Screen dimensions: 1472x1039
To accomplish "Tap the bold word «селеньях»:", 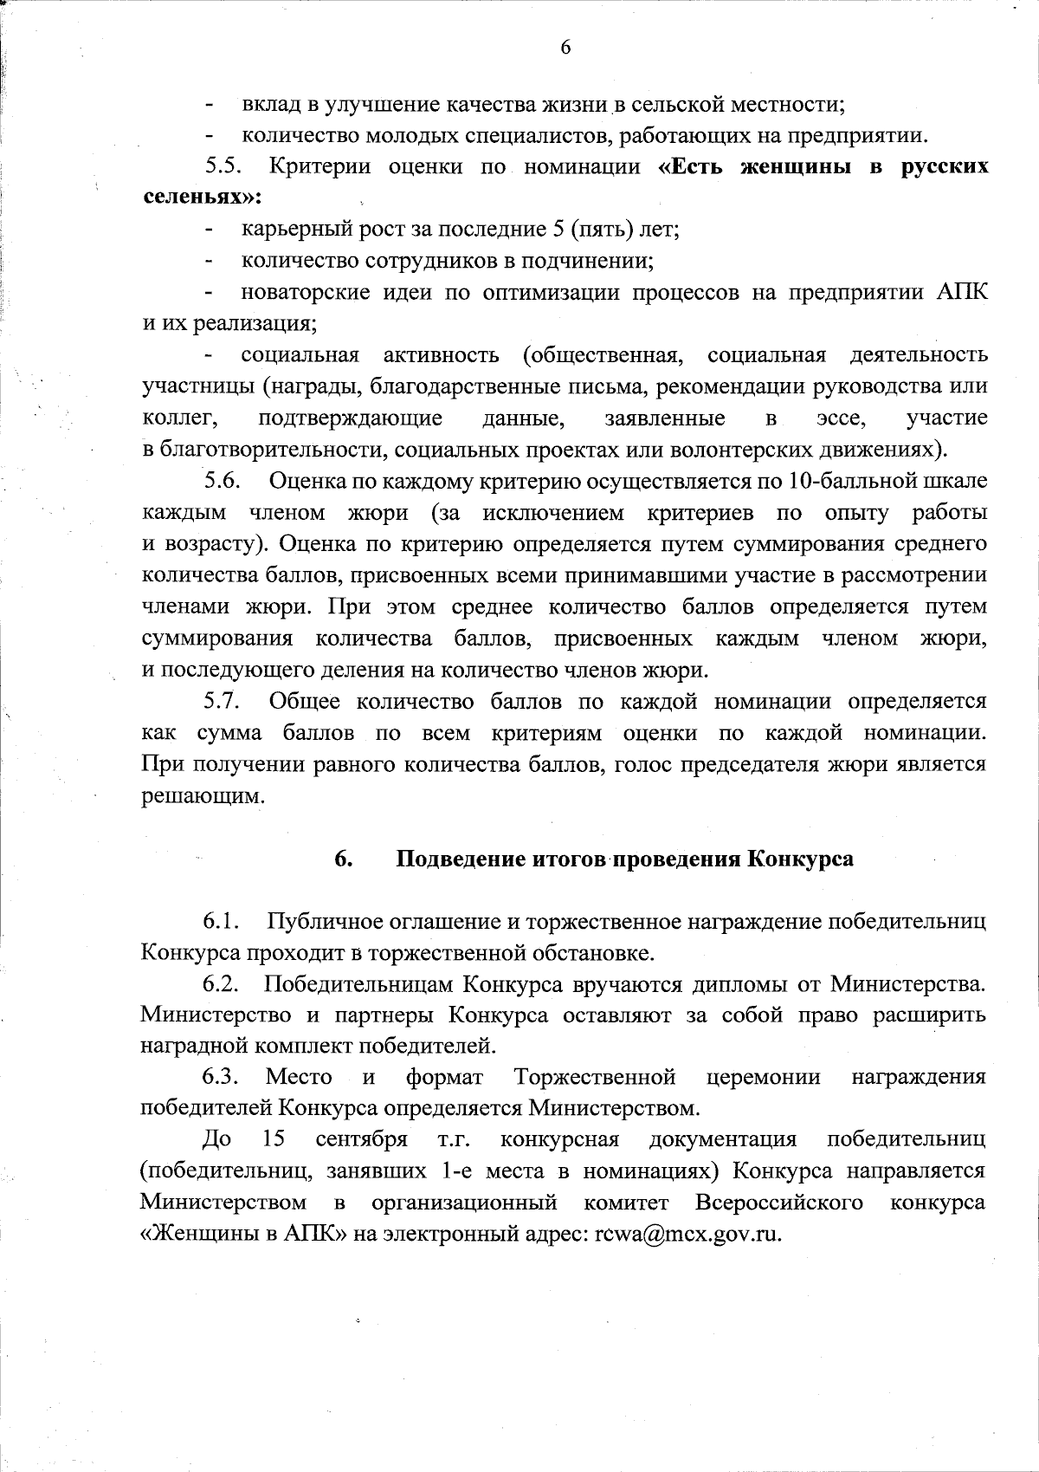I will [x=202, y=197].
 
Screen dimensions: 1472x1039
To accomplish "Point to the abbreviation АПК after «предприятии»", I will [x=961, y=292].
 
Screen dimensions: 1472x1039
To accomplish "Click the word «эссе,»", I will [x=841, y=418].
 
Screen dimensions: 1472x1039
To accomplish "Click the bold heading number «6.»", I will [x=343, y=859].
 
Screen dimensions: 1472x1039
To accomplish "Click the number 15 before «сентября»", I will [x=274, y=1139].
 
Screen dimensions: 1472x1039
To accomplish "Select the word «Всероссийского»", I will [x=778, y=1203].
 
